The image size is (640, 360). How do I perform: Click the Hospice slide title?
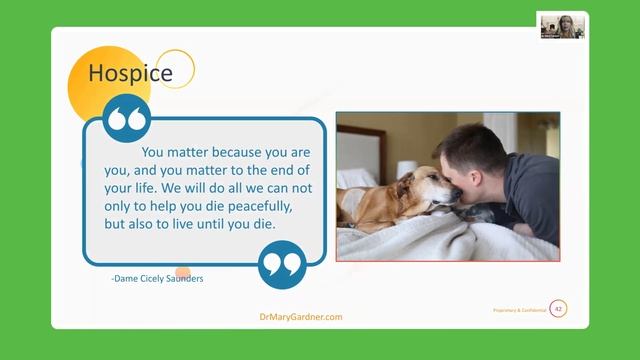coord(130,73)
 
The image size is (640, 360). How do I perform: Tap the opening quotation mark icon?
coord(128,119)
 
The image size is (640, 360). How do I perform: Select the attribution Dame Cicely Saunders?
coord(157,279)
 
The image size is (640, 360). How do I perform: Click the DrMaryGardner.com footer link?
coord(301,317)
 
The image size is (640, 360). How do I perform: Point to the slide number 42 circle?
coord(558,309)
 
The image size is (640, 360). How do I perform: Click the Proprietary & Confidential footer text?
coord(519,311)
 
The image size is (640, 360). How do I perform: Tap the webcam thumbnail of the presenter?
coord(561,25)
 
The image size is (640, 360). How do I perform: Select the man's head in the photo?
coord(474,160)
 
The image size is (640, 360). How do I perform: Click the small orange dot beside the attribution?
coord(183,271)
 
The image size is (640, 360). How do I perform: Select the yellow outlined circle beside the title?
coord(177,68)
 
